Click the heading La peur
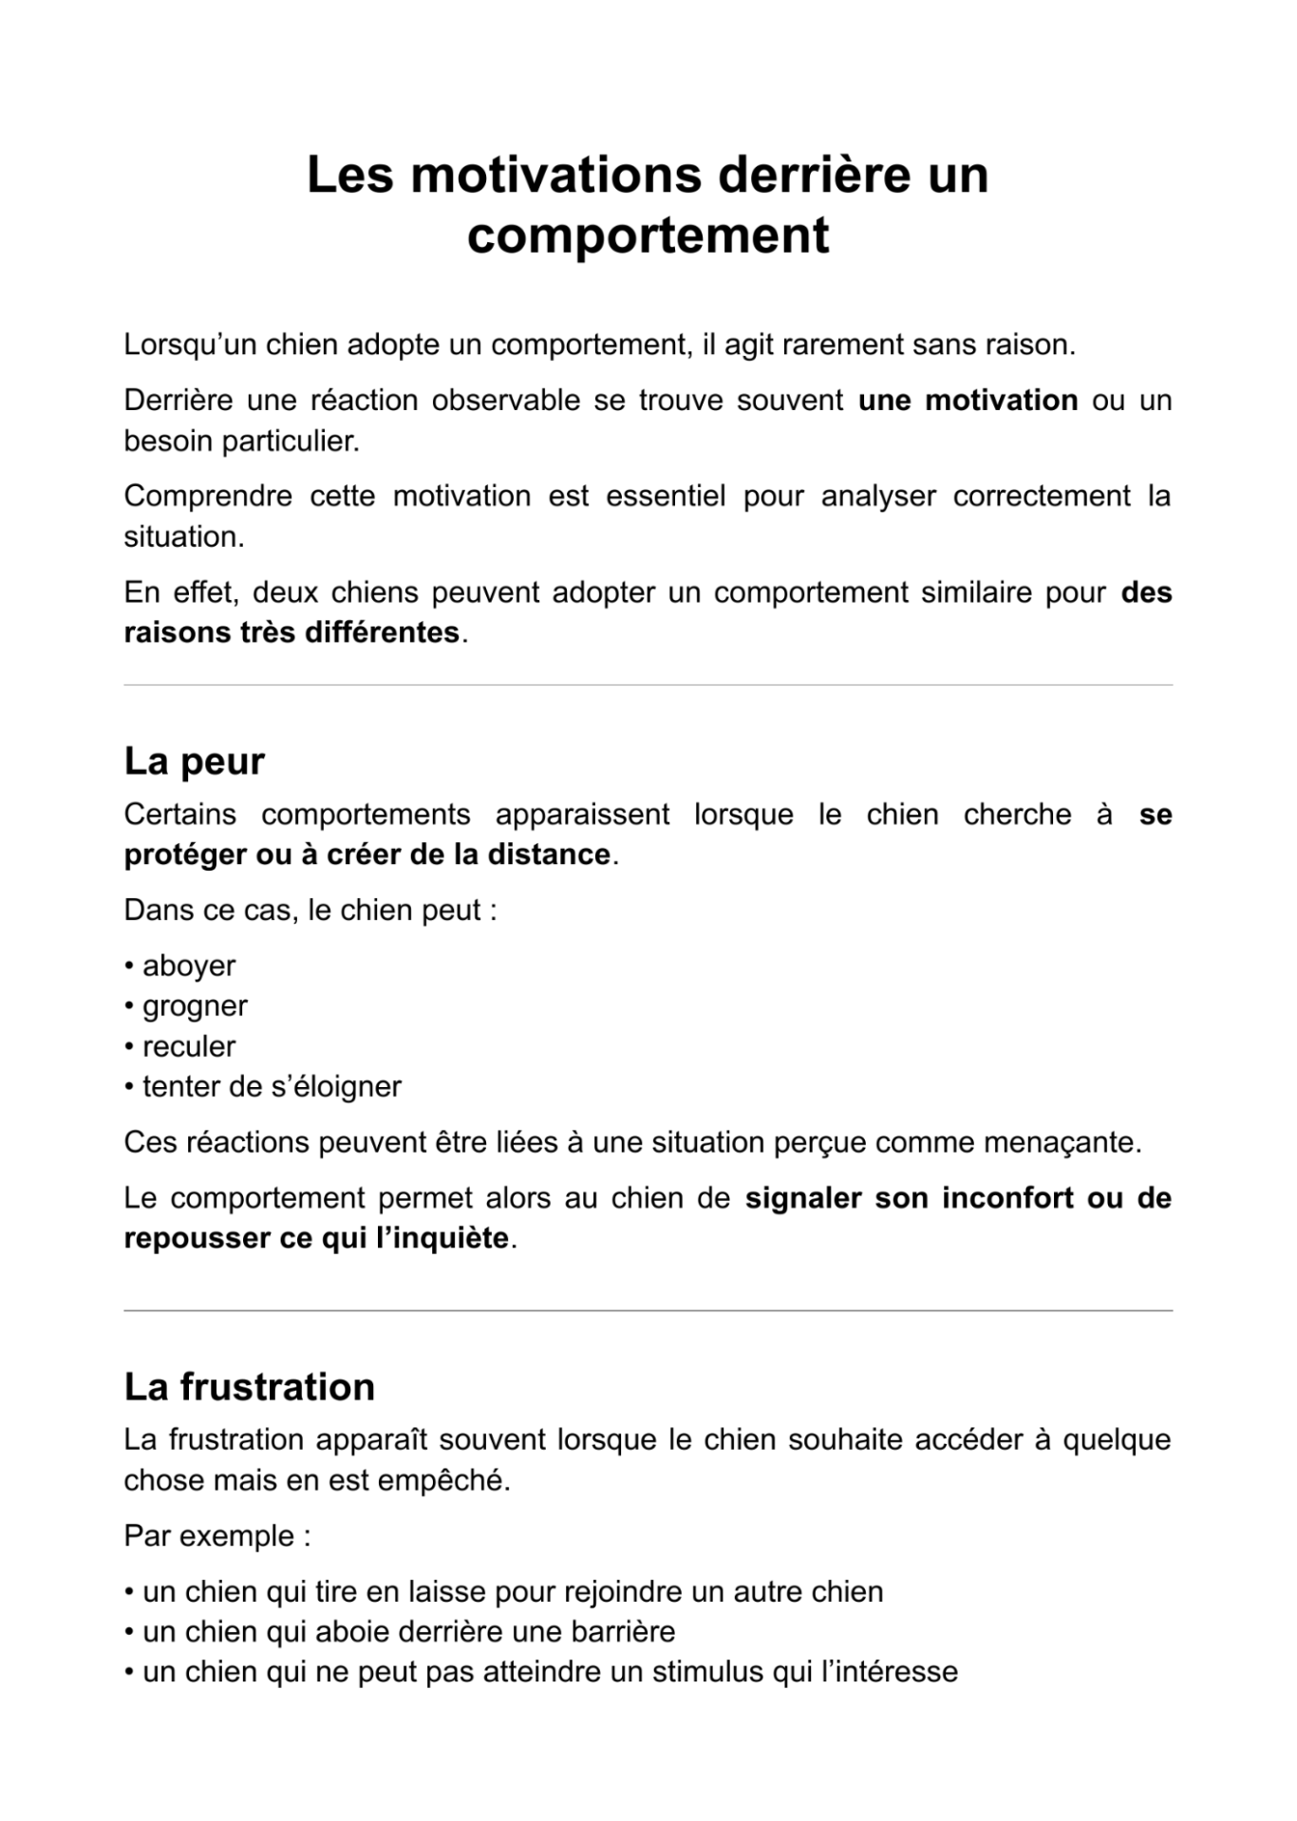pos(194,761)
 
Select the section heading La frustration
pos(249,1387)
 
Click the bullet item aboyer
pos(188,966)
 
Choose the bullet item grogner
pos(194,1005)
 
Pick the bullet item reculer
pos(188,1046)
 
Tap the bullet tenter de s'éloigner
pos(271,1086)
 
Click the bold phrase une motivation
pos(968,401)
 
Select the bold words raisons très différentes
pos(291,632)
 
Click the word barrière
pos(622,1632)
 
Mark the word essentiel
pos(665,497)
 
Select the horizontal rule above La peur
pos(648,685)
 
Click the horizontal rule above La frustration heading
pos(648,1311)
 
